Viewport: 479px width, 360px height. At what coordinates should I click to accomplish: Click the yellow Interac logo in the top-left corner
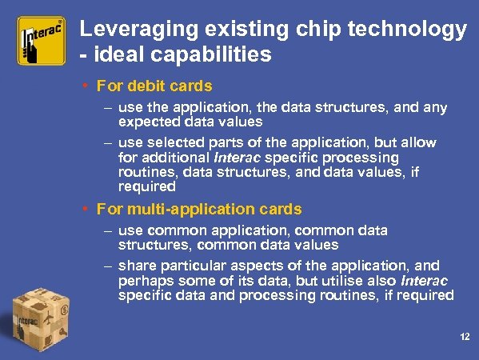[42, 41]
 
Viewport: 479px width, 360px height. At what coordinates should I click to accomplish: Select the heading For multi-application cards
[199, 209]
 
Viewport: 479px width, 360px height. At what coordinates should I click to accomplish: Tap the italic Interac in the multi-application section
[424, 281]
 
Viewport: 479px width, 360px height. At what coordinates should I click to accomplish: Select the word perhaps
[144, 281]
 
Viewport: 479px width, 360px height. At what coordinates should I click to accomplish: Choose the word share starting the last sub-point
[136, 266]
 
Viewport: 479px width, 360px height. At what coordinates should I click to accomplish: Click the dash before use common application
[107, 230]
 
